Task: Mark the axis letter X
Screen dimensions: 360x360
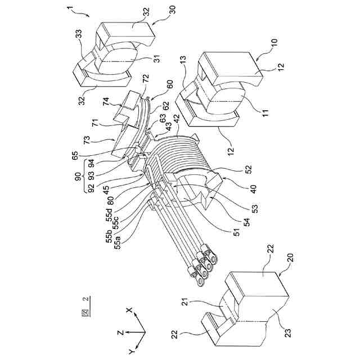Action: (129, 310)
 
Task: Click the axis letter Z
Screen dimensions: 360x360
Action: (121, 332)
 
